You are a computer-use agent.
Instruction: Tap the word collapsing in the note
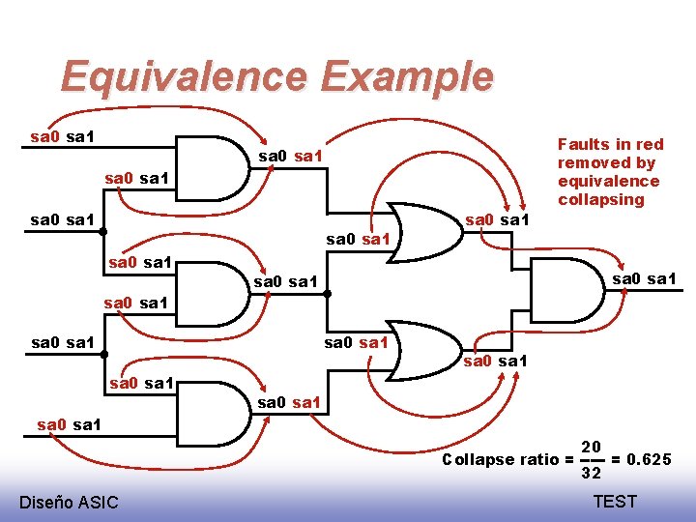(600, 200)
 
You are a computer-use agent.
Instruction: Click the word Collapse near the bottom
(476, 460)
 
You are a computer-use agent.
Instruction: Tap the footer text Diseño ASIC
(69, 502)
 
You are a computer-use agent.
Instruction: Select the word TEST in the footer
(615, 501)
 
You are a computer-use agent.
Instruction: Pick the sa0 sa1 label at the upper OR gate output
(497, 220)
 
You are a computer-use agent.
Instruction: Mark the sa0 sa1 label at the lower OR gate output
(497, 362)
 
